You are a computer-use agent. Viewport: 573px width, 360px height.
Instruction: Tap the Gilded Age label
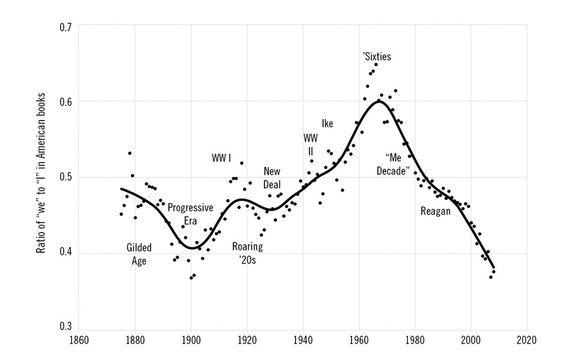pos(139,254)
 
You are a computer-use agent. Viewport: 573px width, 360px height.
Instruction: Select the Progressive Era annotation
pos(190,214)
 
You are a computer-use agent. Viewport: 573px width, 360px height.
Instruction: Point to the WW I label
pos(221,158)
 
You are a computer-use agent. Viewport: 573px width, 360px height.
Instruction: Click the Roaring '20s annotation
pos(247,253)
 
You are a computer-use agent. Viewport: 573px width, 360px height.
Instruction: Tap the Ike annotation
pos(327,123)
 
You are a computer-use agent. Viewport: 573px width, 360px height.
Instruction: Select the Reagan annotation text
pos(435,211)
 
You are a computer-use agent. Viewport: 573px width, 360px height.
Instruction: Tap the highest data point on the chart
pos(376,64)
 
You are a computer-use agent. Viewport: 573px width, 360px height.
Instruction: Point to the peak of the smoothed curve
pos(379,101)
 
